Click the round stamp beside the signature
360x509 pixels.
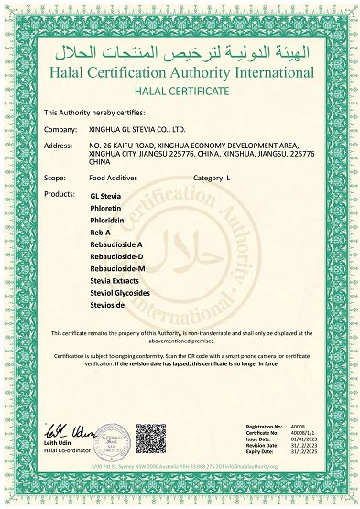coord(110,439)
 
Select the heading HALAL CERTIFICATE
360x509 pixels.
coord(180,92)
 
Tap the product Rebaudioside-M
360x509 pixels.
coord(117,268)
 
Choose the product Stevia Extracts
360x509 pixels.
coord(115,280)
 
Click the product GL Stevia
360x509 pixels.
coord(105,196)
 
